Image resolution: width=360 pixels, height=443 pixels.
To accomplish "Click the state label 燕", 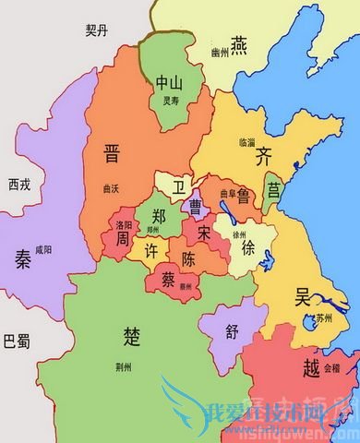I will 239,43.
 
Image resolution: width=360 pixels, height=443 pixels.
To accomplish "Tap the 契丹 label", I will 97,31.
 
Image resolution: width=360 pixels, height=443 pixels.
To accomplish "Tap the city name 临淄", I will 247,142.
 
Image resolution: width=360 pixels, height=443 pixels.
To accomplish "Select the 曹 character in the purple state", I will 196,205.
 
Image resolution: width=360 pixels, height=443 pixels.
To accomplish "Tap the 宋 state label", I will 204,235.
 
